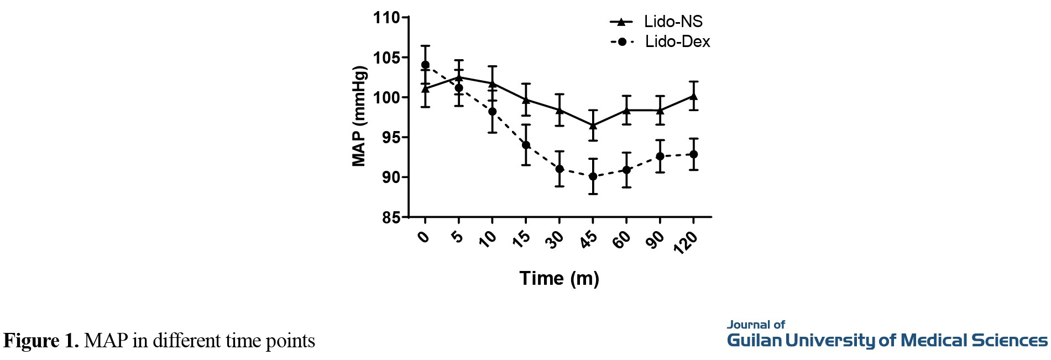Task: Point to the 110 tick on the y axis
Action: (386, 18)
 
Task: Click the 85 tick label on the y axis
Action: (391, 217)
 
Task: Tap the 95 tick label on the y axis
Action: (391, 137)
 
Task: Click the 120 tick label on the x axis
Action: (685, 242)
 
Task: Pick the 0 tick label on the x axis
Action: (423, 237)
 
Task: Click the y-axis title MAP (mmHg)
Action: (359, 117)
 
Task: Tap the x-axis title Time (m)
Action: (559, 278)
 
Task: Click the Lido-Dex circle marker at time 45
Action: (593, 176)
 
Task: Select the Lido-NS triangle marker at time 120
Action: (693, 96)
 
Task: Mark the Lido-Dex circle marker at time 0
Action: (425, 65)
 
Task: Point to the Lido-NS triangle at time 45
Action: (593, 125)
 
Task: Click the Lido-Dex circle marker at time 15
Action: (526, 145)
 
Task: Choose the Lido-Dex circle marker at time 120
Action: (693, 154)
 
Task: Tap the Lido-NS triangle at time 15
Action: (526, 100)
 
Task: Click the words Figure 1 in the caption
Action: (41, 341)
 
